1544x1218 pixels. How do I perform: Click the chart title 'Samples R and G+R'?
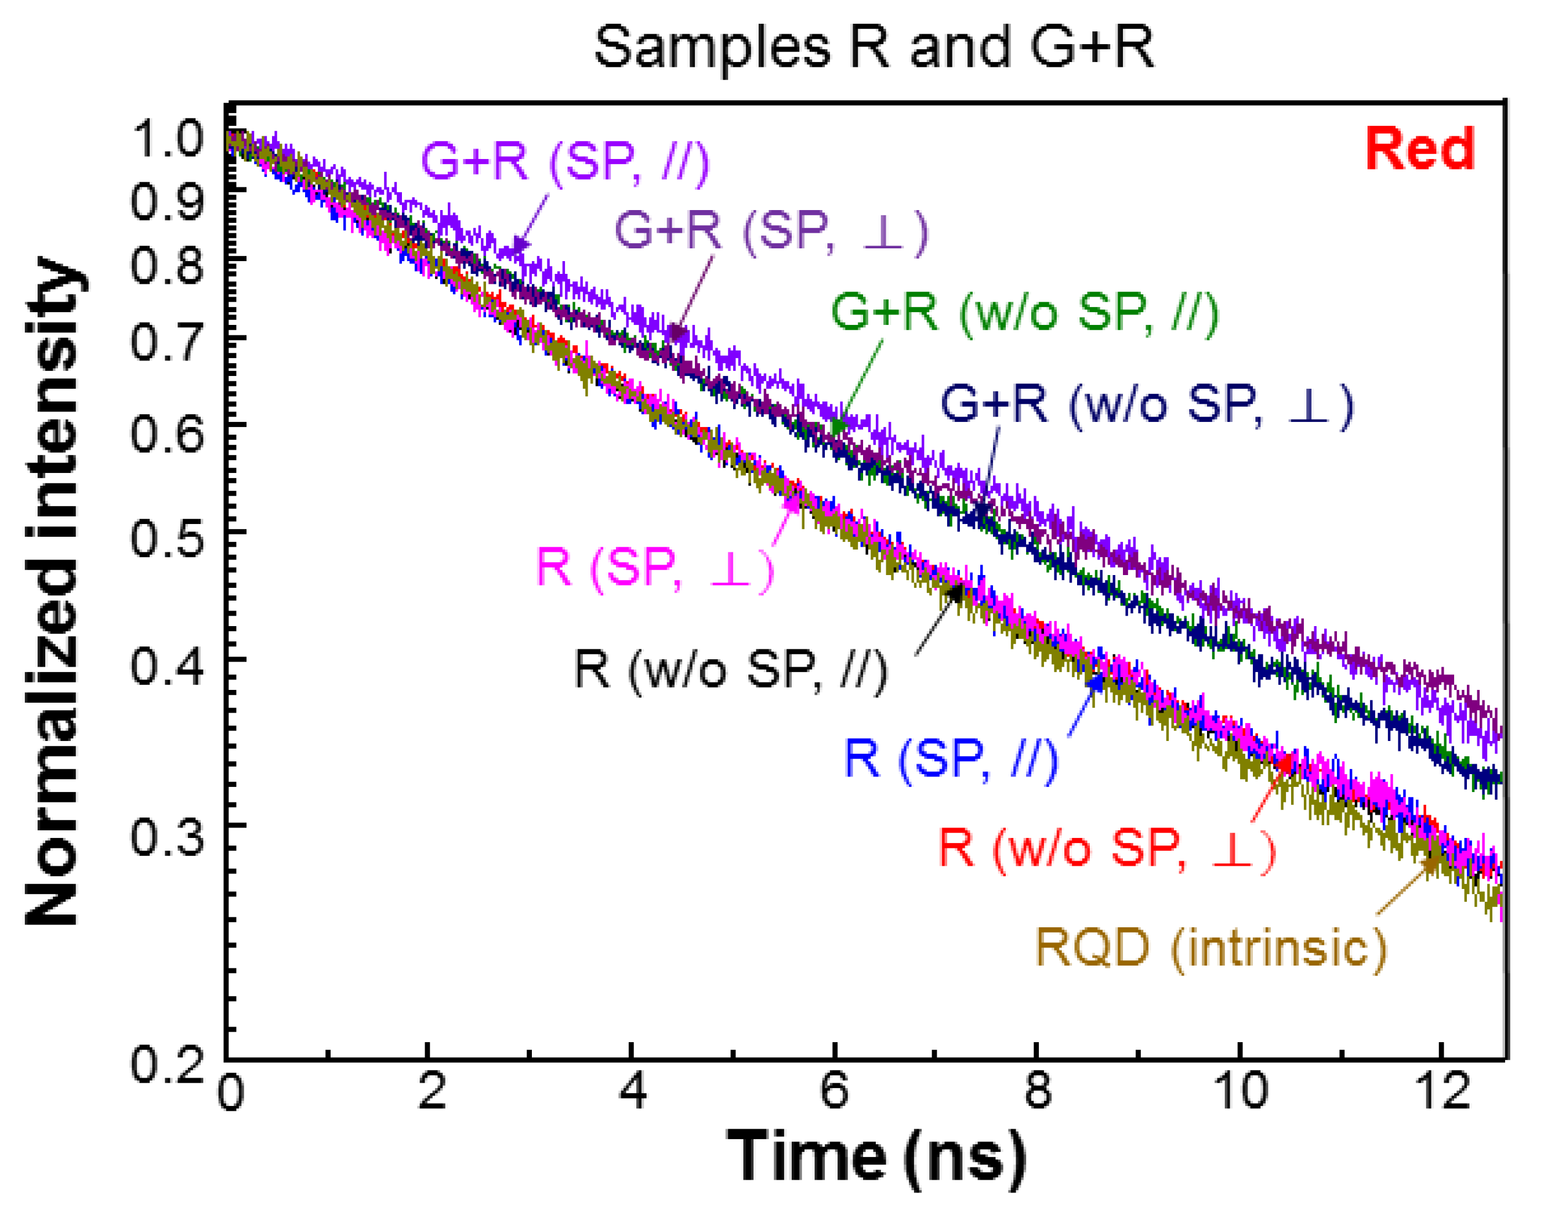(874, 47)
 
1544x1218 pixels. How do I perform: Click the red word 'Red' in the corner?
(1419, 150)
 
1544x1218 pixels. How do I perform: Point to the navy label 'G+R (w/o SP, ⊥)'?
(1147, 404)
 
